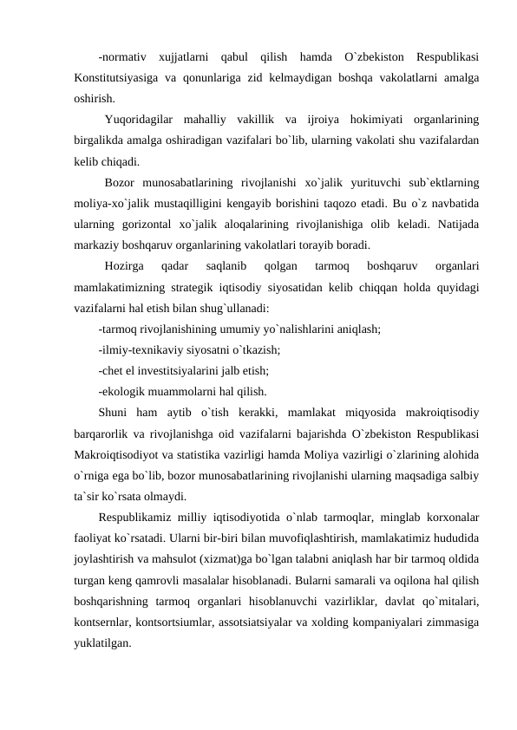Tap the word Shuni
tap(115, 410)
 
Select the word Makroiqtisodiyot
tap(125, 452)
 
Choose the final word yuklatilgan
tap(102, 639)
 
